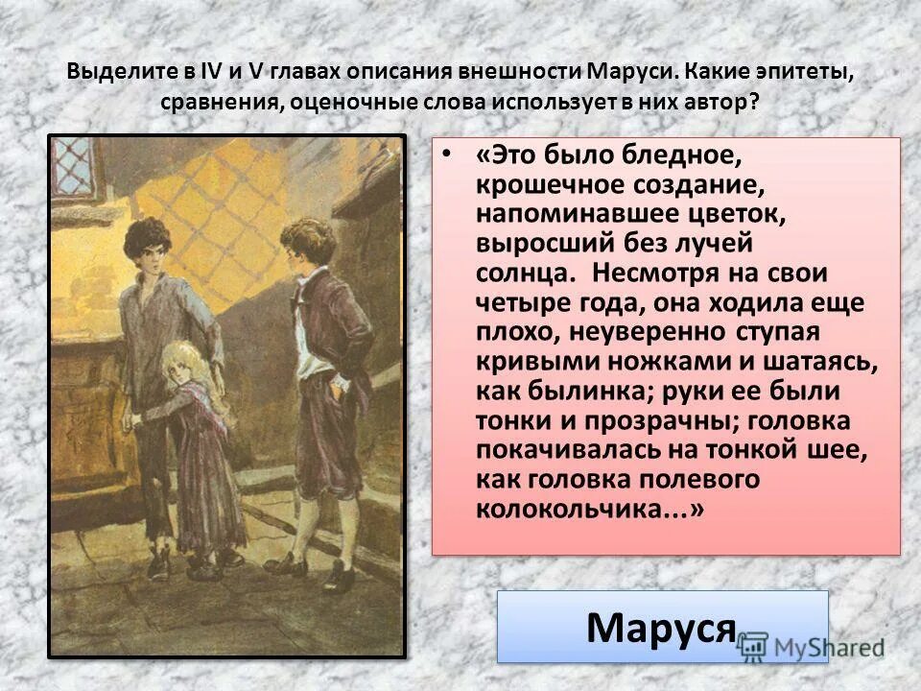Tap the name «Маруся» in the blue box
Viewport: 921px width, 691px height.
point(660,628)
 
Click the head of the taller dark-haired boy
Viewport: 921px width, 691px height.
point(147,248)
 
